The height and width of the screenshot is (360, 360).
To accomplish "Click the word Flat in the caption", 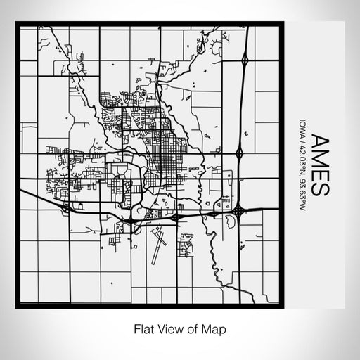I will point(143,328).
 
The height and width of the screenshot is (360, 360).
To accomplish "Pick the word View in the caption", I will point(169,328).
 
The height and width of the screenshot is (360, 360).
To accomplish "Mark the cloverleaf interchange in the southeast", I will point(238,210).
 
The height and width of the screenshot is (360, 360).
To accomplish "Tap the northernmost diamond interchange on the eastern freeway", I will point(244,60).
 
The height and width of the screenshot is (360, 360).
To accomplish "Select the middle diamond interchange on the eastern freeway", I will point(239,151).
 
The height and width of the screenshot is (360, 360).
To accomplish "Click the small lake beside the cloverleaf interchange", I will point(229,224).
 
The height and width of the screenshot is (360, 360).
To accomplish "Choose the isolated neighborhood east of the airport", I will point(186,247).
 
